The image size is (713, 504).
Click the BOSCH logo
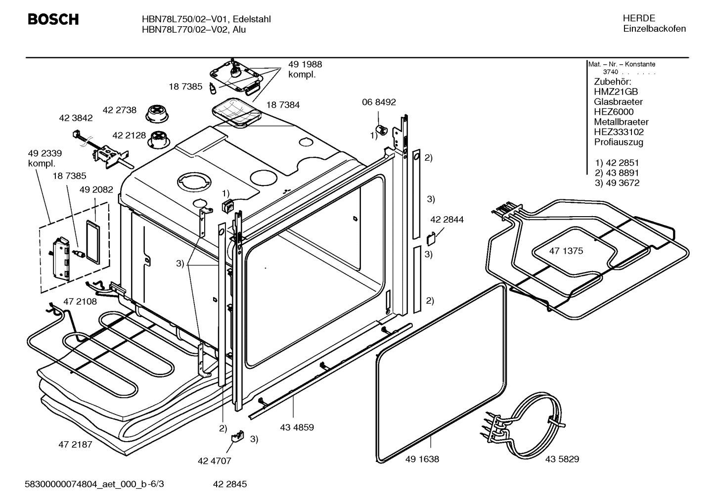click(53, 19)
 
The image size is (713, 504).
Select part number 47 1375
click(566, 251)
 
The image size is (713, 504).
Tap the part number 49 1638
click(422, 459)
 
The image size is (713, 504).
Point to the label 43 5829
click(562, 459)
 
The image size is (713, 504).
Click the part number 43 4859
click(297, 427)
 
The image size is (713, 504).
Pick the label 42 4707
click(214, 461)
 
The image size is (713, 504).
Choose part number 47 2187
click(75, 444)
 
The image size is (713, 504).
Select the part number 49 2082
click(96, 189)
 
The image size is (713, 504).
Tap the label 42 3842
click(76, 118)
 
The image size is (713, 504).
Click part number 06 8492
click(379, 102)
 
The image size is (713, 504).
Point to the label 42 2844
click(446, 220)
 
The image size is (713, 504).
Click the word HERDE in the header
click(639, 18)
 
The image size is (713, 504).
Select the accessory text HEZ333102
click(619, 132)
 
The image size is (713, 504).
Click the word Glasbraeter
click(618, 102)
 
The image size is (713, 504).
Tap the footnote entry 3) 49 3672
click(617, 183)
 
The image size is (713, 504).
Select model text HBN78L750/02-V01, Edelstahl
click(206, 19)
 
